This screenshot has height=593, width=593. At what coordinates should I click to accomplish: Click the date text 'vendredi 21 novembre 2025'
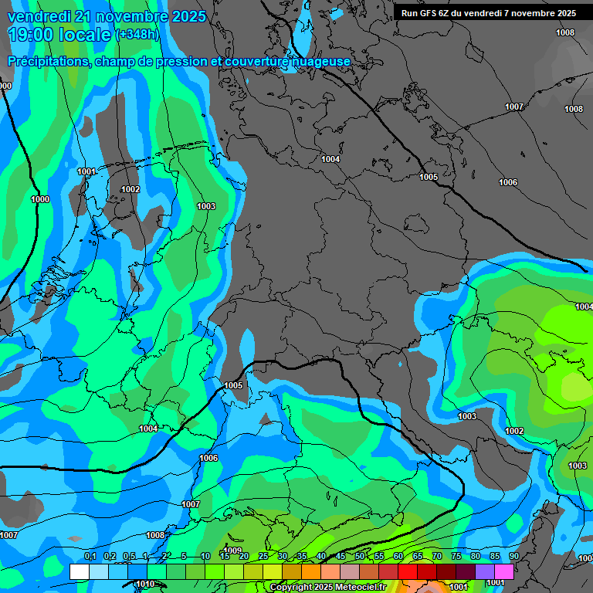pos(107,16)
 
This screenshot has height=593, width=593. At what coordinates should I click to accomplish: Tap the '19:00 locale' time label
pos(59,35)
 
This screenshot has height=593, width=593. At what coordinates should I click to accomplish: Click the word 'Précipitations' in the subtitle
pos(46,61)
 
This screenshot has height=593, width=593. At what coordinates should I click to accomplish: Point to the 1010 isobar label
pos(144,584)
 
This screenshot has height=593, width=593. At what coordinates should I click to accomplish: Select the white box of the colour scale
pos(79,571)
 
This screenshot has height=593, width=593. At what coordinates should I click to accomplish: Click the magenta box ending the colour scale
pos(504,571)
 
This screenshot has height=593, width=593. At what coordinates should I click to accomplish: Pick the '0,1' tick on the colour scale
pos(90,556)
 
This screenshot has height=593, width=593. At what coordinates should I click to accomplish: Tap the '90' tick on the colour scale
pos(514,556)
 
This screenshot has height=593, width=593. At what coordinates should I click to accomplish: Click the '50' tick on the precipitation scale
pos(360,556)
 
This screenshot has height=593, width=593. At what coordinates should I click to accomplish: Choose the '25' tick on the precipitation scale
pos(263,556)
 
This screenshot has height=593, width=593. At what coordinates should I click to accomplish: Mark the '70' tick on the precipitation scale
pos(437,556)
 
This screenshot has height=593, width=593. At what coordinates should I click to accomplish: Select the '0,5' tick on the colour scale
pos(128,556)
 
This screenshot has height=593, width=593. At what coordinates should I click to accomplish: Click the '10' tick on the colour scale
pos(205,556)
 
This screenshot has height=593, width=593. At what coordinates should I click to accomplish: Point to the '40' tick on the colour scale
pos(321,556)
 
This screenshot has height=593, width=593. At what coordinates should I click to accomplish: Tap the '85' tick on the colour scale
pos(495,556)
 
